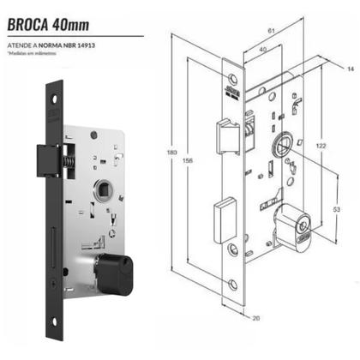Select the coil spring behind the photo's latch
pos(72,156)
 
